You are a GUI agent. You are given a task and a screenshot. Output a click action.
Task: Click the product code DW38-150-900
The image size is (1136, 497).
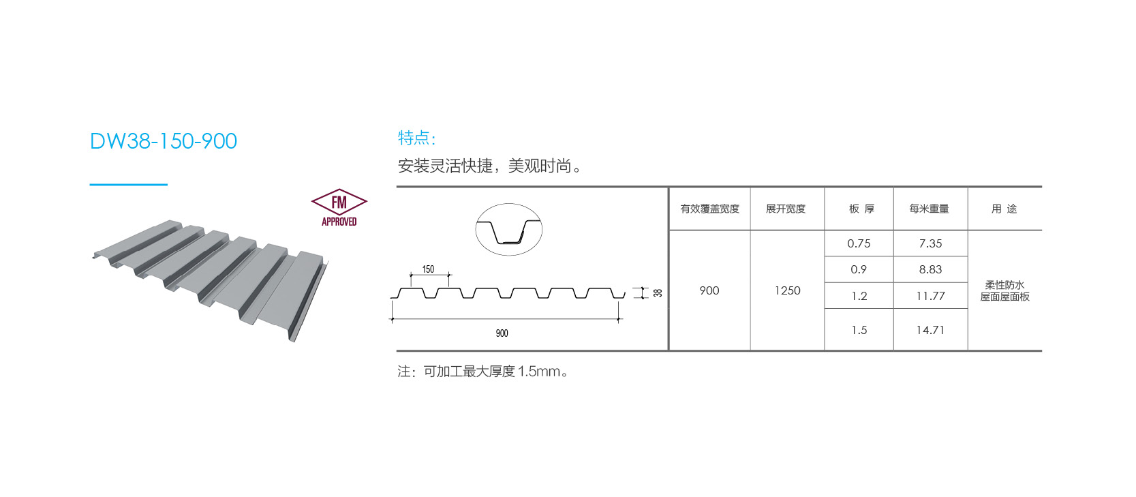164,141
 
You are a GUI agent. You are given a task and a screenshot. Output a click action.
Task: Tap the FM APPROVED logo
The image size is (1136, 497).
339,207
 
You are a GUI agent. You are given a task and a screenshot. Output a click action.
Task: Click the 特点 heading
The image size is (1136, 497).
416,138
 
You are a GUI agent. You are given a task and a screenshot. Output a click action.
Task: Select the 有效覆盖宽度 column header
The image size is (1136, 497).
709,209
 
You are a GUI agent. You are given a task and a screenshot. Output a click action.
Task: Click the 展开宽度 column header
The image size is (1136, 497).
786,209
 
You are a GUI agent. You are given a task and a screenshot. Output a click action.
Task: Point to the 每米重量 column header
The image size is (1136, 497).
929,209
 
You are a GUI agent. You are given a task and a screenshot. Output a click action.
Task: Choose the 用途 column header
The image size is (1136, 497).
1004,209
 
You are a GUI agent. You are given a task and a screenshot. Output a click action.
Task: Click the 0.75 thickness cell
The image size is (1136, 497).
859,243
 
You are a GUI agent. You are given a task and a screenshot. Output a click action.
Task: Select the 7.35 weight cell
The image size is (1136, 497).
930,243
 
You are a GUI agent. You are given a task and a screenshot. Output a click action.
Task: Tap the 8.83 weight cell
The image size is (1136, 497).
930,269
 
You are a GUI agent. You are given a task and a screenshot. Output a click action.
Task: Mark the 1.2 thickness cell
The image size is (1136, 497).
859,296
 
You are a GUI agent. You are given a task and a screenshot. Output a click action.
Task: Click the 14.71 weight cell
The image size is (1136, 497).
930,330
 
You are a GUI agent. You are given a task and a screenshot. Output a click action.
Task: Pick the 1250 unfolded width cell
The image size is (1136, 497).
787,290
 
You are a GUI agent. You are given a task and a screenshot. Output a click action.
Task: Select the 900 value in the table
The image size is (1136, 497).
709,290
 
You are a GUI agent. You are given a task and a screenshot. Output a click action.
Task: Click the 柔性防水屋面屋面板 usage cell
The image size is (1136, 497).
1004,290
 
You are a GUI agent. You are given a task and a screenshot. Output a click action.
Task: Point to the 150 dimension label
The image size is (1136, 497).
428,269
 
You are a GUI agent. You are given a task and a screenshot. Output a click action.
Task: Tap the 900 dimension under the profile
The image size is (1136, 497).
502,333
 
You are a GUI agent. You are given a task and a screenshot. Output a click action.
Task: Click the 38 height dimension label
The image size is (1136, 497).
658,292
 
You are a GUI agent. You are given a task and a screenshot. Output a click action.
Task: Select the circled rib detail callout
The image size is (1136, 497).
508,230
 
